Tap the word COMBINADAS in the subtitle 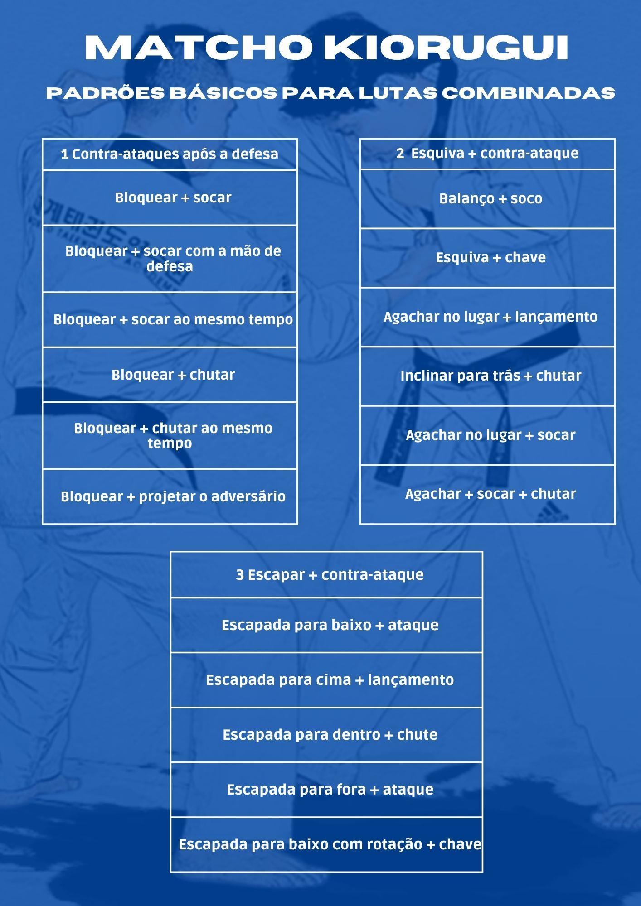click(x=528, y=93)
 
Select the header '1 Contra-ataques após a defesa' click(x=170, y=154)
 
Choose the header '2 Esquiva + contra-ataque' click(x=487, y=153)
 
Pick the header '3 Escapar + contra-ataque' click(x=330, y=574)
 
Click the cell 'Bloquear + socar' click(x=173, y=198)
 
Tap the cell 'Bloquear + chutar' click(x=173, y=375)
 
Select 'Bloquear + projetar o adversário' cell click(x=173, y=496)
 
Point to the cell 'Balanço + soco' click(x=490, y=198)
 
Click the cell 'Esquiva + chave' click(x=490, y=257)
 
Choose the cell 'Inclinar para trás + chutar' click(x=490, y=376)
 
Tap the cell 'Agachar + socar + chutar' click(x=490, y=494)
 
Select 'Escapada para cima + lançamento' click(x=330, y=679)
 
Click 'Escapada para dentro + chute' click(x=330, y=734)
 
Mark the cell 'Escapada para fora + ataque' click(x=330, y=789)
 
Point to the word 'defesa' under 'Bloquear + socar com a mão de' click(x=170, y=266)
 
